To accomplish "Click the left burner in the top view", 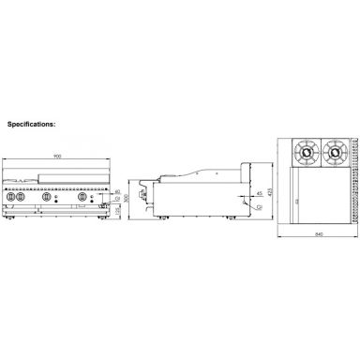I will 306,151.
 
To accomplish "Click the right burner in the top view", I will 334,151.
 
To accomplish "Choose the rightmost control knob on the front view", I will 83,199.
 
